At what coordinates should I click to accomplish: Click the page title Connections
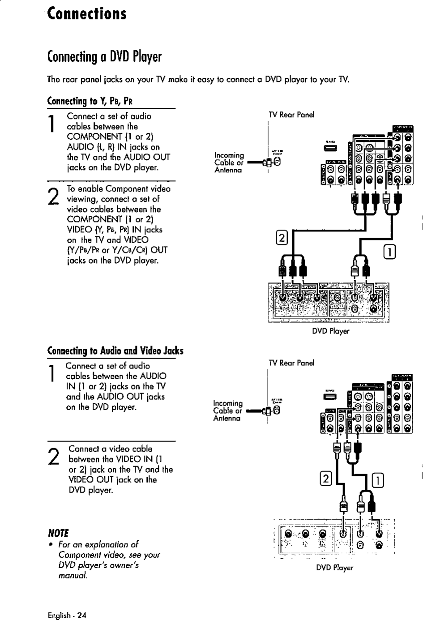click(87, 13)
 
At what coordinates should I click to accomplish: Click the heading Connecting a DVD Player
click(104, 57)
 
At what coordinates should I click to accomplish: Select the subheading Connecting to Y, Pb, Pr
click(90, 101)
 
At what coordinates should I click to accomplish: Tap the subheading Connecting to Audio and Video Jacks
click(115, 351)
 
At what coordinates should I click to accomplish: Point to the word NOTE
click(58, 533)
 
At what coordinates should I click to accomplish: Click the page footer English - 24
click(67, 615)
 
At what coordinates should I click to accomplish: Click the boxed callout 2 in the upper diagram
click(282, 238)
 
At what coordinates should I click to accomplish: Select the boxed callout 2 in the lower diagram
click(325, 479)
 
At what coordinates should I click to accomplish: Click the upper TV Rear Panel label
click(291, 115)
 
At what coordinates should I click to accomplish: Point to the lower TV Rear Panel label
click(291, 363)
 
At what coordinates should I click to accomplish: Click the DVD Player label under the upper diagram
click(330, 331)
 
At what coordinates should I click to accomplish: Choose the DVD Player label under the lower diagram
click(334, 568)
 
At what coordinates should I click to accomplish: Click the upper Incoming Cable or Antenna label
click(229, 162)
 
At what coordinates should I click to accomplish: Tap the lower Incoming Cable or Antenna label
click(228, 410)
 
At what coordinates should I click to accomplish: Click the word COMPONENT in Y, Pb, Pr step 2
click(94, 219)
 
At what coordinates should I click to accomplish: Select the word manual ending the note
click(73, 575)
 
